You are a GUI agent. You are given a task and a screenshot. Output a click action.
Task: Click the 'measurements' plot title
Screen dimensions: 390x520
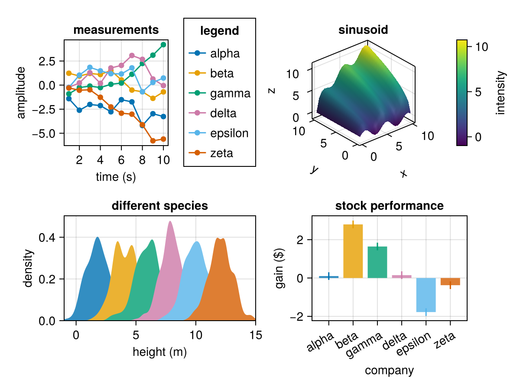(x=116, y=30)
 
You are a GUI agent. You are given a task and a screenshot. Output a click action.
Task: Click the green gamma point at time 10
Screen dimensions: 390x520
(x=163, y=45)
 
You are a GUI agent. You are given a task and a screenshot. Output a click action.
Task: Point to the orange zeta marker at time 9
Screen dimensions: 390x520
(x=153, y=141)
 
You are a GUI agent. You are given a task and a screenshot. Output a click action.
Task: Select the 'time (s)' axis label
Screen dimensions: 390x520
(x=116, y=177)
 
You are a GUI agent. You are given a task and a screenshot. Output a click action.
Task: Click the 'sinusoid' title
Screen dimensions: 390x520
(x=363, y=30)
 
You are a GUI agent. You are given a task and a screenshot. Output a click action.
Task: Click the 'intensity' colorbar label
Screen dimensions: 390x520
(x=501, y=93)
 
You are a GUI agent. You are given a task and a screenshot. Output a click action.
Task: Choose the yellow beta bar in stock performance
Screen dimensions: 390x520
(x=353, y=251)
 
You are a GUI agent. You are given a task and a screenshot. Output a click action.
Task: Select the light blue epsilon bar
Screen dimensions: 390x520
(x=426, y=295)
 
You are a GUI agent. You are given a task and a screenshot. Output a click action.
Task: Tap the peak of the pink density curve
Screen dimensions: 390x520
(x=170, y=221)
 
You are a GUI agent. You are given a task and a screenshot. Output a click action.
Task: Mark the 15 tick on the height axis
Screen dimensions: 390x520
(x=256, y=335)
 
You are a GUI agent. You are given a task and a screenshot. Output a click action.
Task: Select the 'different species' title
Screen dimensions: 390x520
(x=159, y=206)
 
